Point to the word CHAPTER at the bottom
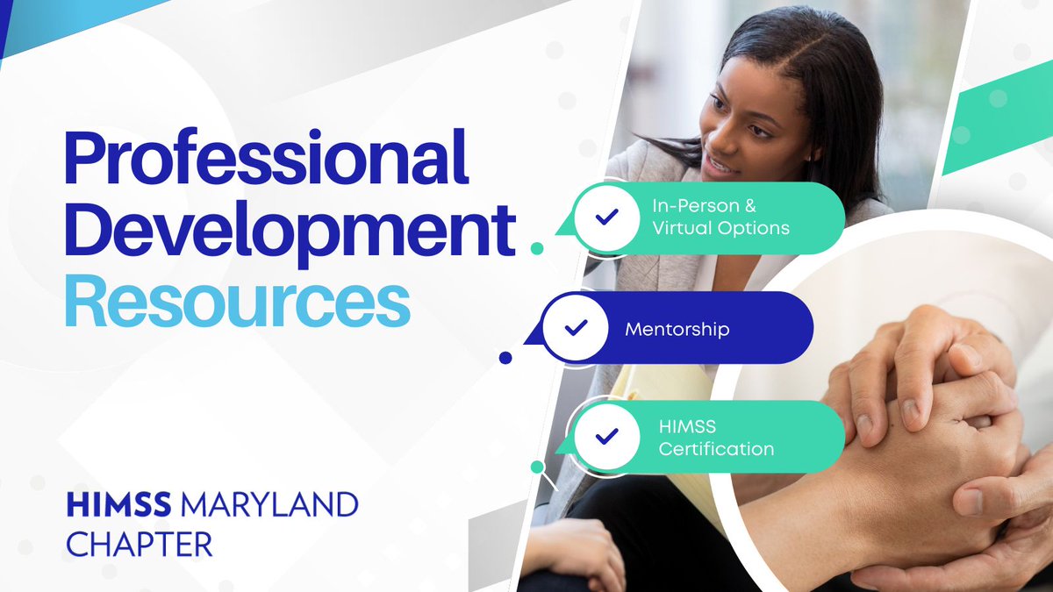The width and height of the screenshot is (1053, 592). click(x=140, y=543)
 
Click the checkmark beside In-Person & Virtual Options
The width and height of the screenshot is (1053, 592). click(x=605, y=217)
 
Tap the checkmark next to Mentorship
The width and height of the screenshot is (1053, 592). click(x=575, y=328)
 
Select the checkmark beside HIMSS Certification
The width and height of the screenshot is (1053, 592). click(x=605, y=437)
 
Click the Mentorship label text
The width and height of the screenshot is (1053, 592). click(x=677, y=330)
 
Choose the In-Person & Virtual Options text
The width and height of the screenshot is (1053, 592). click(x=720, y=218)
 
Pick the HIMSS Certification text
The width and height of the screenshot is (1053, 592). click(x=716, y=438)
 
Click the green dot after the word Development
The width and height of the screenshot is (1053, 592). click(x=537, y=248)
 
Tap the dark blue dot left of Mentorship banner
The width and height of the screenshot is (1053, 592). click(x=505, y=357)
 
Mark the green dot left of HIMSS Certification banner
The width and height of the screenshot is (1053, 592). click(x=537, y=467)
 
